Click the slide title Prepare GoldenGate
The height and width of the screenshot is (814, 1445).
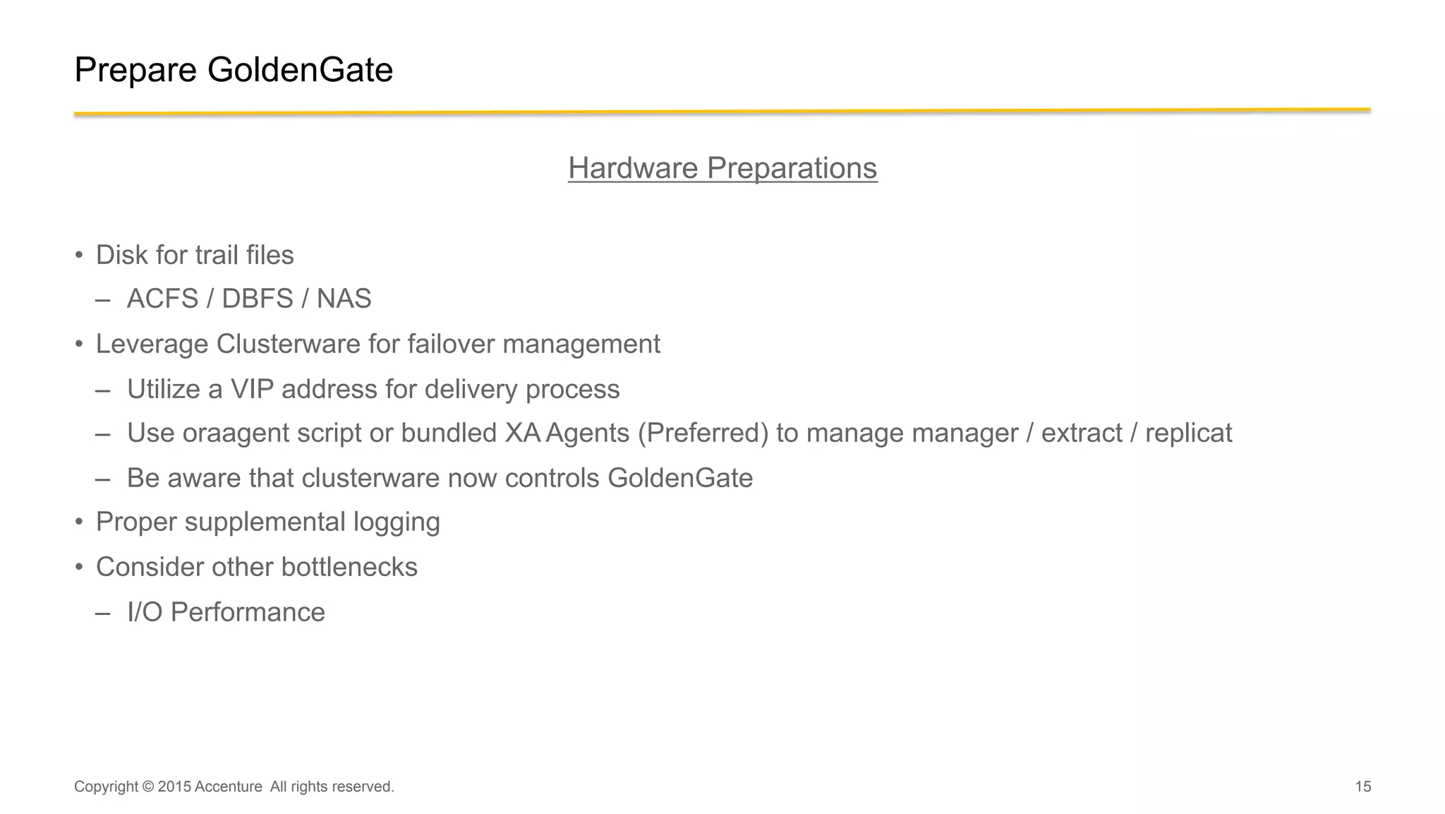pos(233,70)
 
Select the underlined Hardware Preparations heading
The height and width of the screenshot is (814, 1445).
pos(722,168)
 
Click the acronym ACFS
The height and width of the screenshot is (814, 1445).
pos(162,299)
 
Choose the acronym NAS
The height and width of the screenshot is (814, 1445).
pos(344,299)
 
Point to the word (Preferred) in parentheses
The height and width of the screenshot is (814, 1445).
pos(703,433)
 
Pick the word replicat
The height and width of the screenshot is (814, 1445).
pos(1188,433)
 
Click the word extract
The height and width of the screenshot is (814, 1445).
pos(1081,433)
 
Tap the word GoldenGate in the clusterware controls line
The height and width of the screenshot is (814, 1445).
pos(679,478)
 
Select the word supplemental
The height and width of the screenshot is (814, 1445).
pos(265,522)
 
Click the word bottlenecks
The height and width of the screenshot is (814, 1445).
pos(349,567)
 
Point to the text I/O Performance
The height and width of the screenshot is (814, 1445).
pos(226,612)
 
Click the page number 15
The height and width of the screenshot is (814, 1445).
pos(1362,786)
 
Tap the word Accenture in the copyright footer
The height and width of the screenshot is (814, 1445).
pos(228,786)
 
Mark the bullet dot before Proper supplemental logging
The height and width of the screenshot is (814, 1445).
pos(80,522)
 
